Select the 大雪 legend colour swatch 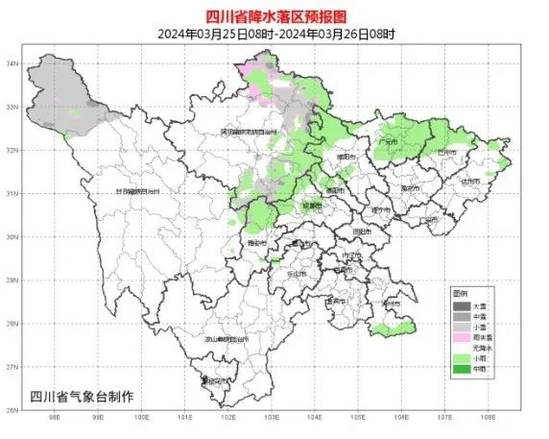tap(460, 304)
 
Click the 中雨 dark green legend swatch tap(460, 368)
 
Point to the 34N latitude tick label tap(13, 63)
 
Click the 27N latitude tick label tap(13, 367)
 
